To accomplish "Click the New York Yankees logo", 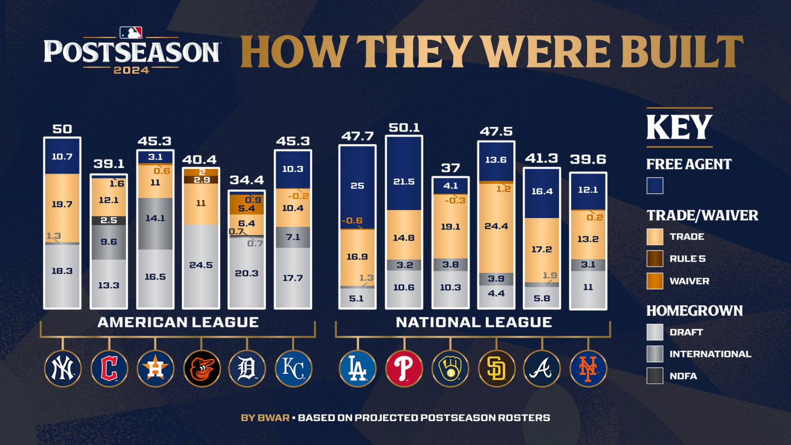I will (x=63, y=369).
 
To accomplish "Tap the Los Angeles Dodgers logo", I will (x=357, y=369).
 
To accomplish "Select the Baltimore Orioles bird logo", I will (x=201, y=369).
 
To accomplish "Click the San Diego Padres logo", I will (x=496, y=369).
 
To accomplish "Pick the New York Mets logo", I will (x=588, y=369).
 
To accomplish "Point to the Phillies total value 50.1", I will (x=404, y=128).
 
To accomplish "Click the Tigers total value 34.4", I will (x=247, y=180).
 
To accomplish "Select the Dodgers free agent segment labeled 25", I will (x=357, y=186).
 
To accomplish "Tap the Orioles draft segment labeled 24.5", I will (x=201, y=265).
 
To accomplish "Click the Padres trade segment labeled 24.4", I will (x=496, y=227).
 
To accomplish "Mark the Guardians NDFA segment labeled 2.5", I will (x=109, y=220).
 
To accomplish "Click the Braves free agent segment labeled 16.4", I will (x=542, y=192).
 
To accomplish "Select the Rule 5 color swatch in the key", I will (x=655, y=259).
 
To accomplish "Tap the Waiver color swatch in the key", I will (x=655, y=281).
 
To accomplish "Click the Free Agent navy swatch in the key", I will (x=655, y=186).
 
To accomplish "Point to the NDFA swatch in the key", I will (x=655, y=376).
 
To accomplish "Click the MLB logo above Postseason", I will (x=131, y=33).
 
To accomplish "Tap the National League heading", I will (x=474, y=322).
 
